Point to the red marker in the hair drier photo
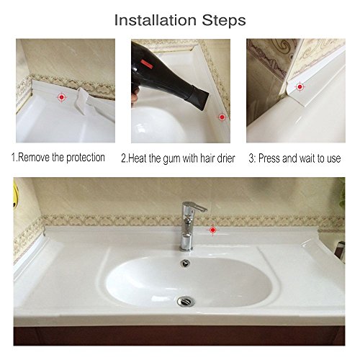(x=222, y=116)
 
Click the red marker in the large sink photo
(x=212, y=230)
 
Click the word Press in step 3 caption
(x=271, y=157)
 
